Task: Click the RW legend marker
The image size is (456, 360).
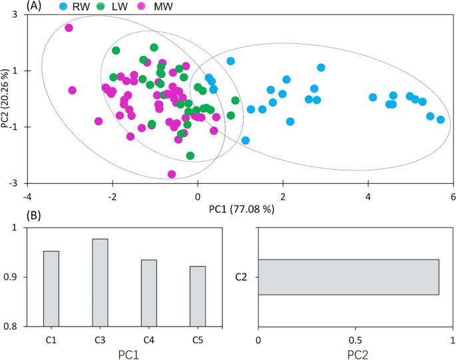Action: tap(64, 6)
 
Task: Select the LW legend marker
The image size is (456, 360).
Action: tap(100, 6)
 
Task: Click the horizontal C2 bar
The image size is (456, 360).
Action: tap(348, 277)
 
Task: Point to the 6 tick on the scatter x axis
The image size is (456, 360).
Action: tap(453, 196)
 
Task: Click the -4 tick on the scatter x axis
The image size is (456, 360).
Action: tap(27, 196)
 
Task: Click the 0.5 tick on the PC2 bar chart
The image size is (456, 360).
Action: tap(355, 340)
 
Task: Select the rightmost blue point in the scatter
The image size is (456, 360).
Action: tap(440, 120)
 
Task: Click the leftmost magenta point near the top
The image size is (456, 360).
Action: tap(69, 28)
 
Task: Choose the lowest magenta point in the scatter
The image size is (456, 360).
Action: tap(172, 174)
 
